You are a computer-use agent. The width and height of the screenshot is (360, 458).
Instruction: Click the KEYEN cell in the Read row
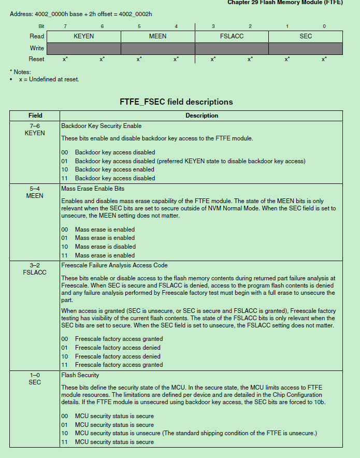tap(83, 36)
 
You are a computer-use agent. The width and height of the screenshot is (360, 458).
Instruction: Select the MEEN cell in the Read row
tap(157, 36)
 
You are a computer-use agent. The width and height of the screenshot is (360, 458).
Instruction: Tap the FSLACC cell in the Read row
tap(232, 36)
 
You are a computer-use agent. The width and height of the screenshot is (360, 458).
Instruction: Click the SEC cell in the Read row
tap(306, 36)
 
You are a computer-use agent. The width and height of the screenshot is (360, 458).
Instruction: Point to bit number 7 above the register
tap(65, 26)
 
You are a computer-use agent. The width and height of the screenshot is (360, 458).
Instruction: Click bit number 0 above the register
tap(324, 26)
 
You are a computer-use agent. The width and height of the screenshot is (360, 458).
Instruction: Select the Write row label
tap(37, 48)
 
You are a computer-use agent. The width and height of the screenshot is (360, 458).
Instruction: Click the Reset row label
tap(37, 59)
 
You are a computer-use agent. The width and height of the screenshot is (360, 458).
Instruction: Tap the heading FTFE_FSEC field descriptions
tap(176, 102)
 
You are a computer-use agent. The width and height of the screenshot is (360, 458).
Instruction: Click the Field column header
tap(35, 116)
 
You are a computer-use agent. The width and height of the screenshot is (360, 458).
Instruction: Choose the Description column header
tap(201, 116)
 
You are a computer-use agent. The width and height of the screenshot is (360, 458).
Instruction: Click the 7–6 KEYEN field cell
tap(35, 130)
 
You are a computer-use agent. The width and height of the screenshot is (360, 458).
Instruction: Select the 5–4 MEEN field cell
tap(35, 192)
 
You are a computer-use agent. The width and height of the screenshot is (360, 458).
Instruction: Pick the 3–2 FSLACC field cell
tap(35, 269)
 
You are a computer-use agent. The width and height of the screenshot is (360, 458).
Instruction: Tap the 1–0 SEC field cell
tap(35, 379)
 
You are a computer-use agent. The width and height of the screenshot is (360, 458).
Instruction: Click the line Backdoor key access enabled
tap(114, 169)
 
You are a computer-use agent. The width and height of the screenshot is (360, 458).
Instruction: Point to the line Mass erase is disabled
tap(105, 247)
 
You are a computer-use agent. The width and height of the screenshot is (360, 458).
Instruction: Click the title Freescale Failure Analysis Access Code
tap(114, 265)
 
